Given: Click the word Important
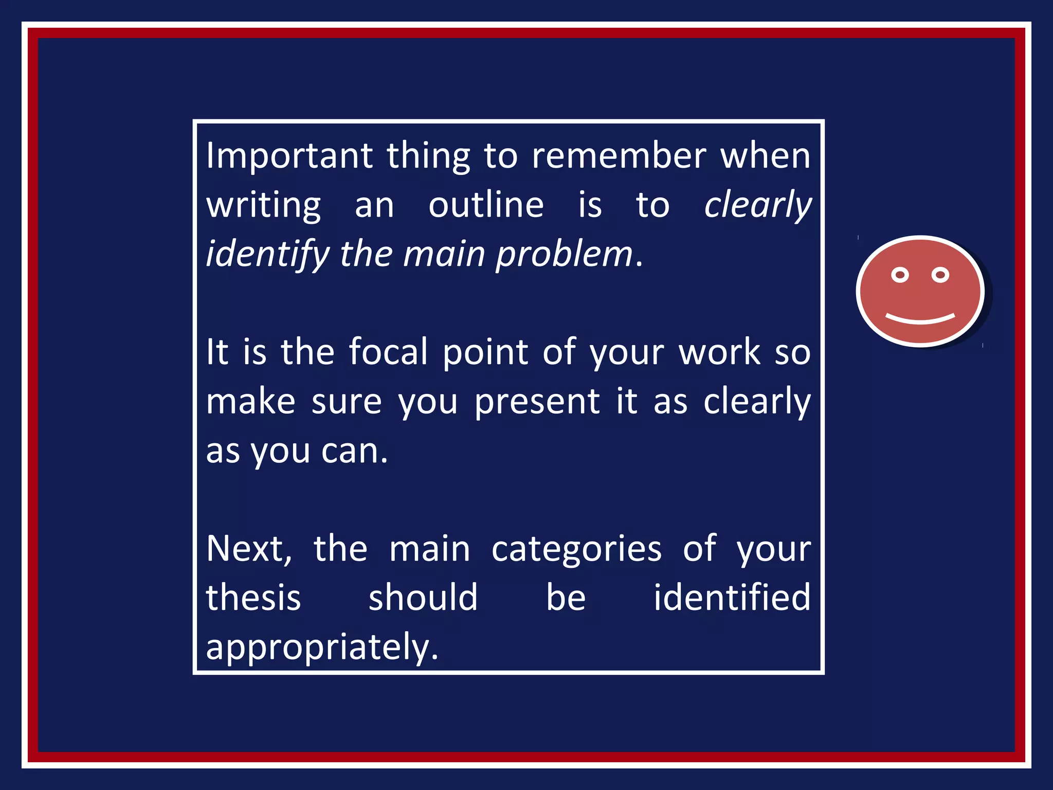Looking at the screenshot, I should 289,156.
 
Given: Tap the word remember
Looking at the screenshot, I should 619,155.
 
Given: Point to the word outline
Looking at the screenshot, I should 486,205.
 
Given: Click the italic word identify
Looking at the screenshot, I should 267,255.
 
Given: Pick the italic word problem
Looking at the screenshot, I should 564,255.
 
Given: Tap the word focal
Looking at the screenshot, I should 388,352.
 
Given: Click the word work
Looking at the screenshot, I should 719,352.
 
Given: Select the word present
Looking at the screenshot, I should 537,402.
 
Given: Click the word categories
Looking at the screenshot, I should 576,549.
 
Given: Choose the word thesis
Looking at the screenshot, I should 253,598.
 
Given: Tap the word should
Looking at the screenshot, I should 423,598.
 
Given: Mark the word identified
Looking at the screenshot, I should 732,598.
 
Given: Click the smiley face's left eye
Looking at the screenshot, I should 900,275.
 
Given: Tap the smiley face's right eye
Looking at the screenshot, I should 940,275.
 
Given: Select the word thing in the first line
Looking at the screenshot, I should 428,156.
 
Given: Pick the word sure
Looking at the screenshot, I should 347,402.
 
